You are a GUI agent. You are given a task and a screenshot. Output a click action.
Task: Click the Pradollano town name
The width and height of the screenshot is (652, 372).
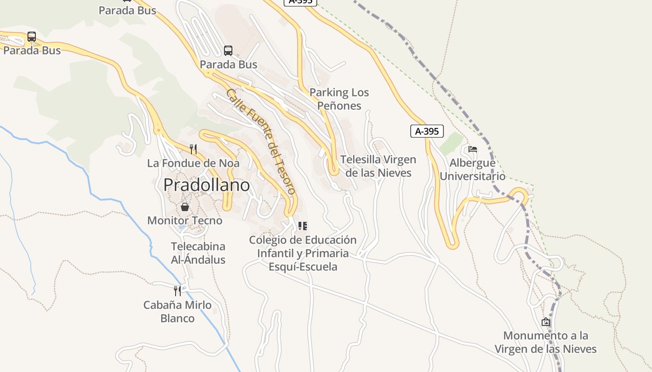click(206, 185)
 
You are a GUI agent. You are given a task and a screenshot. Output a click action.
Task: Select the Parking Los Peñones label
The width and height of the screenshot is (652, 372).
click(339, 99)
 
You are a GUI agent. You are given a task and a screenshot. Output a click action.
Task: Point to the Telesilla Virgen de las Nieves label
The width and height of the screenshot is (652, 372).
click(378, 166)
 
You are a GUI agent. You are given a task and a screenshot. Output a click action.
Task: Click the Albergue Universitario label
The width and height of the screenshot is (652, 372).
click(472, 170)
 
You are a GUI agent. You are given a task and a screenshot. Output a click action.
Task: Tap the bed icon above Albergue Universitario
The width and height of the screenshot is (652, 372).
click(473, 149)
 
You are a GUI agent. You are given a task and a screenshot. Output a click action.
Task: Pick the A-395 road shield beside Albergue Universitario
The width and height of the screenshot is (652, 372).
click(427, 131)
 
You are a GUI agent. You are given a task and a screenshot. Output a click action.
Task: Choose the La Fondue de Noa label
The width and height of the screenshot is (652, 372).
click(193, 163)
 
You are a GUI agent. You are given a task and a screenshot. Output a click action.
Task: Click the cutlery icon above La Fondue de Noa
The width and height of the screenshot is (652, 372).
click(193, 149)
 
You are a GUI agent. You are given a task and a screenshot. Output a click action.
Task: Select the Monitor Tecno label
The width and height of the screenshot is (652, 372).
click(185, 220)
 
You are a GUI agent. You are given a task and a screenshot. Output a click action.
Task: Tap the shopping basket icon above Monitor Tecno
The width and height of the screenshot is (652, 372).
click(185, 207)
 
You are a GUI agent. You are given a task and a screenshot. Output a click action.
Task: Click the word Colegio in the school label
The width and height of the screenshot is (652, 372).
click(267, 240)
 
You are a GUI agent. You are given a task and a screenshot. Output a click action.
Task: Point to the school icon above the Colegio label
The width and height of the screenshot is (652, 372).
click(303, 226)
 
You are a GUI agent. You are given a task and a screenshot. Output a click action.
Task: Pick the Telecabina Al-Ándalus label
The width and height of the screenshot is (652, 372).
click(198, 253)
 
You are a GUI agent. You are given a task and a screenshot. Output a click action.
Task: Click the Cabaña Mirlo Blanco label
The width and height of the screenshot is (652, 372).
click(177, 312)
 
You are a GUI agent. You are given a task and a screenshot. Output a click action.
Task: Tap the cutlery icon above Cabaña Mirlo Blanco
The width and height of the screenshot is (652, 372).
click(177, 291)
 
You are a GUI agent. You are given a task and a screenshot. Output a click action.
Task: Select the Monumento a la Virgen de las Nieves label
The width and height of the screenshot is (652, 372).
click(545, 342)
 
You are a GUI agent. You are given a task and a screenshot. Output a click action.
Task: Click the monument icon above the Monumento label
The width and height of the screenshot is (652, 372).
click(546, 322)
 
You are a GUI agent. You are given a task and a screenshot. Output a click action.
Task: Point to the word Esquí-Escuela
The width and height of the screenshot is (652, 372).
click(303, 267)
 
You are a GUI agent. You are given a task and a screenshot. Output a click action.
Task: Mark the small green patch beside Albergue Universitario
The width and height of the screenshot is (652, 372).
click(451, 144)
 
